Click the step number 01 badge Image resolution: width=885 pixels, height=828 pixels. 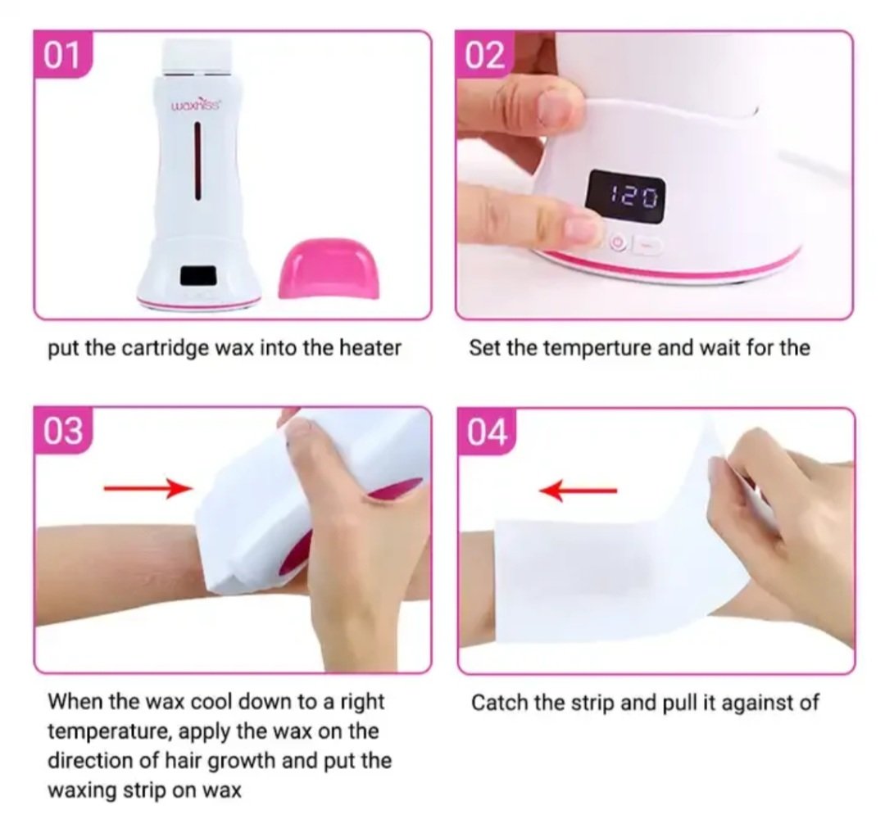tap(62, 56)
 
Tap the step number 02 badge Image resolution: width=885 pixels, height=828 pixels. tap(485, 56)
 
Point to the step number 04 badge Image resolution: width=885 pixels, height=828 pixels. tap(486, 432)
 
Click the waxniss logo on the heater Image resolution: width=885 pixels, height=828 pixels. tap(197, 105)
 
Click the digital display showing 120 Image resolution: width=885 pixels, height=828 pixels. tap(627, 197)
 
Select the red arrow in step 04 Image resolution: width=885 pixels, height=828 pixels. tap(578, 491)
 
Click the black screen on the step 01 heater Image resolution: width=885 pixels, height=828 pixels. tap(198, 276)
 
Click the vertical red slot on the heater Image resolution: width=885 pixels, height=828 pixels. tap(198, 161)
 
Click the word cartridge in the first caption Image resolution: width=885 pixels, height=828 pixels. tap(160, 349)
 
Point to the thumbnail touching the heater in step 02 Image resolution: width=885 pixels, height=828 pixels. tap(554, 108)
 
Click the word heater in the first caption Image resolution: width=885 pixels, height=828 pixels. tap(370, 348)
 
